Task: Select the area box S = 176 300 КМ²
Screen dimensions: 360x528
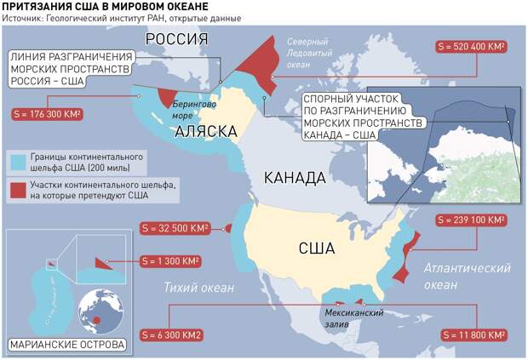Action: pos(48,113)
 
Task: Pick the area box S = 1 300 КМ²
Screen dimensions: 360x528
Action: pos(171,261)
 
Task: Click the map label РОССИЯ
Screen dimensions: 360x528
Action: pos(176,39)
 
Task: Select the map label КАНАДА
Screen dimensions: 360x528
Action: pos(295,179)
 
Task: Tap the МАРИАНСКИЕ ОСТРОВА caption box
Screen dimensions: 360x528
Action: pos(66,346)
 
